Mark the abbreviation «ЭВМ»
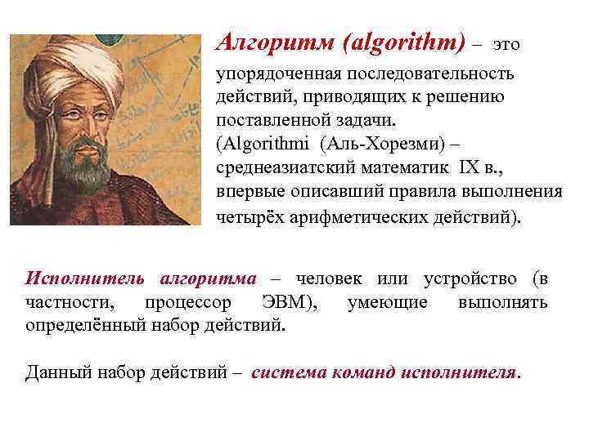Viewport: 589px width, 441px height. tap(286, 303)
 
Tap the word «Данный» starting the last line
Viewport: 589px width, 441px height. tap(56, 372)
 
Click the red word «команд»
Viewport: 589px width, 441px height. tap(360, 372)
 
